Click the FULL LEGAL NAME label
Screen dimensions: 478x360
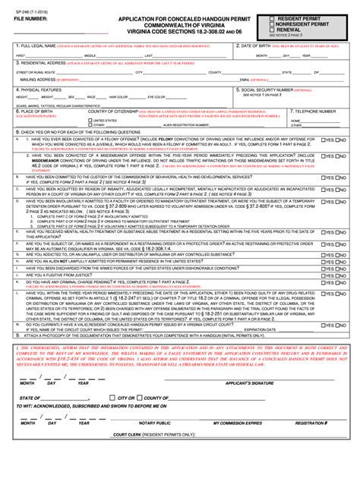pos(38,46)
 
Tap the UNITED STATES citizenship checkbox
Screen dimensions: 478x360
pos(90,120)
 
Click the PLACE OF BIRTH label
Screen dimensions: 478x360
pos(35,110)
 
